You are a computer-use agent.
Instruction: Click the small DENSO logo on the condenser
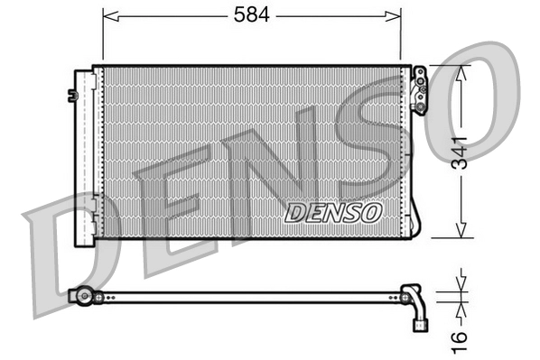333,212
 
